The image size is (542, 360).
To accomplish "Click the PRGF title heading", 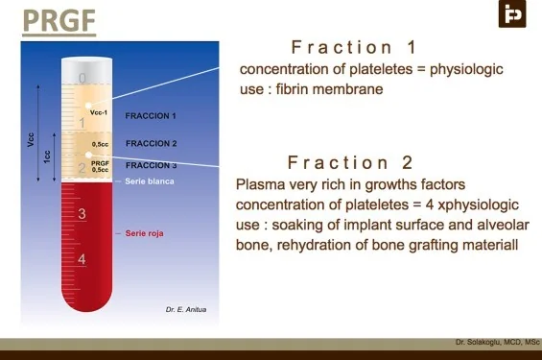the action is (59, 21).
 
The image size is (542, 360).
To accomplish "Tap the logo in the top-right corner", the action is (512, 13).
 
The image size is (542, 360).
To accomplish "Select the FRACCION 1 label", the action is (151, 116).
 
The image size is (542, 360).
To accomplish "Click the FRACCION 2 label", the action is (151, 143).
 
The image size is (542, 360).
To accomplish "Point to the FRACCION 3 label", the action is (151, 165).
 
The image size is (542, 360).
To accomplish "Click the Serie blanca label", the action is (150, 181).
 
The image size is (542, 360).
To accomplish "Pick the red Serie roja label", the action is (145, 233).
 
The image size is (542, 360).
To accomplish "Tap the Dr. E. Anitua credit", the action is (186, 309).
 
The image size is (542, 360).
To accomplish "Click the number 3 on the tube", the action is (82, 214).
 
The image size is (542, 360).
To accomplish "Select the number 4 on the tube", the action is (82, 259).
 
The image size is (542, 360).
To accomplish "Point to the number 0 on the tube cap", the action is (82, 78).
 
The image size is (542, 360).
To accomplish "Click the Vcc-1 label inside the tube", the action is (99, 112).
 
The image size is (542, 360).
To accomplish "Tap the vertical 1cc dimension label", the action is (47, 156).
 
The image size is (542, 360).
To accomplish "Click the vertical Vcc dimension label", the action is (31, 139).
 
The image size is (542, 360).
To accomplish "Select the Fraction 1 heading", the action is (353, 47).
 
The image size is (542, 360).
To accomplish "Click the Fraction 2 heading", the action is (350, 162).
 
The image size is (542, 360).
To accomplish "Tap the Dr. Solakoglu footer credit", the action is (497, 342).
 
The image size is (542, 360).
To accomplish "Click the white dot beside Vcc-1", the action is (88, 106).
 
